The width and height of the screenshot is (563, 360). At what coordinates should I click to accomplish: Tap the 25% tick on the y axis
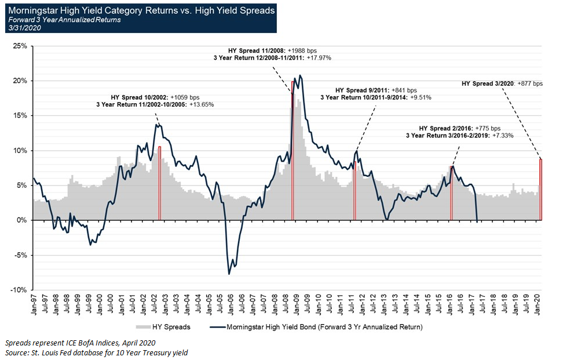(19, 46)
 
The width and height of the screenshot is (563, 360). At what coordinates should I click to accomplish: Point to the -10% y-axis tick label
(18, 290)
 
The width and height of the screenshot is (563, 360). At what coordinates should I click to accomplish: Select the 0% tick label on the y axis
(21, 220)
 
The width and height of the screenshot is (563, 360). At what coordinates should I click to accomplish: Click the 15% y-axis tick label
(19, 115)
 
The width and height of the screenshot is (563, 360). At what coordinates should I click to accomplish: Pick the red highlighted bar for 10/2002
(159, 183)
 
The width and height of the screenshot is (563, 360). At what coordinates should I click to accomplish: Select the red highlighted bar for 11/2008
(293, 151)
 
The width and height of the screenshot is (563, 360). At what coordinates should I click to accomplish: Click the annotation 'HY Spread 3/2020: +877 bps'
(502, 83)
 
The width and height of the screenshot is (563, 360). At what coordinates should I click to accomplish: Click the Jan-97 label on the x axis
(34, 302)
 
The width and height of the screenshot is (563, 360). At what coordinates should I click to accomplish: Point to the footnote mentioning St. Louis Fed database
(96, 352)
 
